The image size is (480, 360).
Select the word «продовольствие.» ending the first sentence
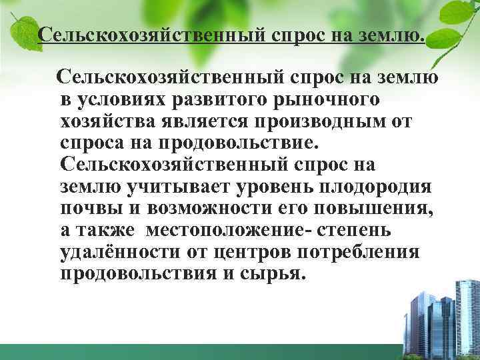tap(225, 144)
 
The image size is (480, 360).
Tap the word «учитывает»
tap(168, 187)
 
